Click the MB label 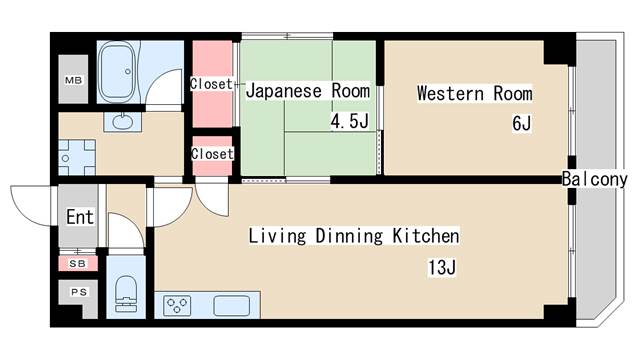(73, 80)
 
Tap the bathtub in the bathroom (118, 73)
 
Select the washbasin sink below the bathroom (122, 122)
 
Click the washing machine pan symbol (77, 158)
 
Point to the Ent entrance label (80, 217)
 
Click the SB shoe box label (77, 264)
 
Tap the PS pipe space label (79, 292)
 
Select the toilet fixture (126, 294)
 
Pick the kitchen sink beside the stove (231, 306)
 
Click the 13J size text (442, 268)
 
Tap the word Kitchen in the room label (426, 236)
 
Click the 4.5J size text (349, 121)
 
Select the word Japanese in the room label (284, 91)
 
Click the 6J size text (522, 123)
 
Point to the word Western (450, 93)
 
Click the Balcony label (594, 179)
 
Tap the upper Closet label (211, 84)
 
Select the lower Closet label (212, 154)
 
